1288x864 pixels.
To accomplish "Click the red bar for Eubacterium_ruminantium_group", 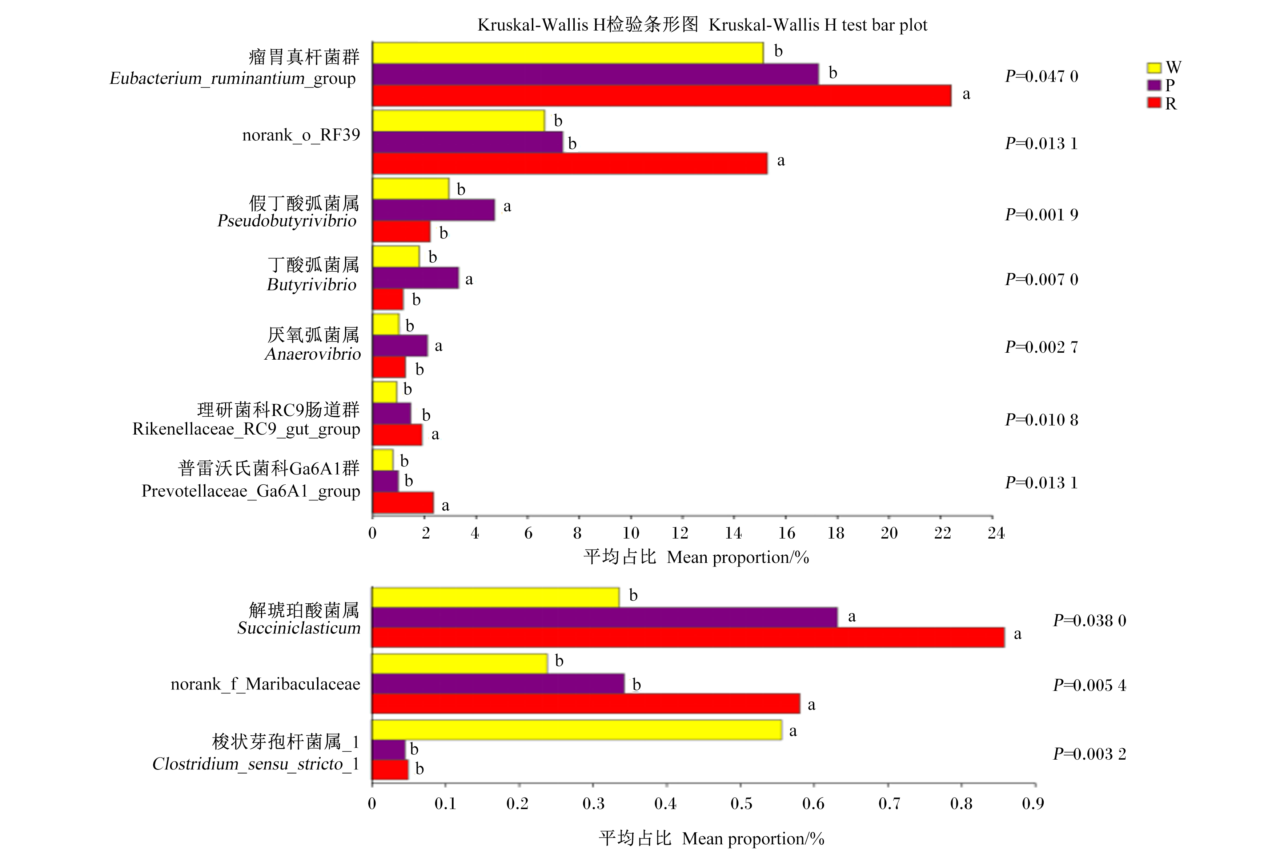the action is pyautogui.click(x=662, y=95).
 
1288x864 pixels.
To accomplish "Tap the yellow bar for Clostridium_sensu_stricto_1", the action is pyautogui.click(x=577, y=729).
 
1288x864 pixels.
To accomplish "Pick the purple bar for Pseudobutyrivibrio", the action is pyautogui.click(x=434, y=210).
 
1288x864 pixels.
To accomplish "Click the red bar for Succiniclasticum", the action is pyautogui.click(x=688, y=637).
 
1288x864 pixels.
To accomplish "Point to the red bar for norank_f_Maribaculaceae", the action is pyautogui.click(x=586, y=704).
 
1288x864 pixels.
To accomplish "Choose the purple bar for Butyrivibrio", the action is pyautogui.click(x=416, y=278).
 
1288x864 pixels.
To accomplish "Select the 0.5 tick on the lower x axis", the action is pyautogui.click(x=741, y=803).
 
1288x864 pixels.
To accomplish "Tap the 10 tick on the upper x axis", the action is pyautogui.click(x=631, y=533).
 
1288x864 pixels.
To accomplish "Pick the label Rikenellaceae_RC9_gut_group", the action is pyautogui.click(x=246, y=429).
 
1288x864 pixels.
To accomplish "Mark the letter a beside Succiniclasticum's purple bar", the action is pyautogui.click(x=852, y=617).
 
